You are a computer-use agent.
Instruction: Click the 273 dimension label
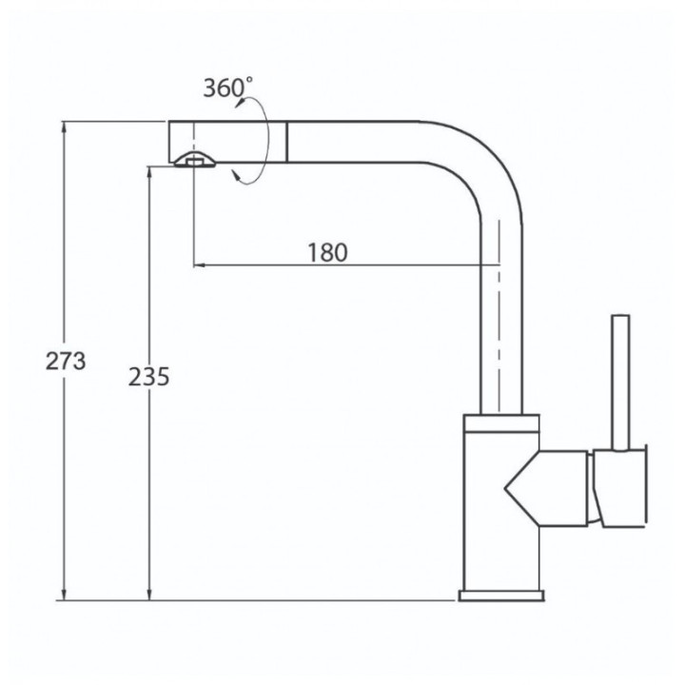click(66, 362)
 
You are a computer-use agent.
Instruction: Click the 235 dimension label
click(148, 377)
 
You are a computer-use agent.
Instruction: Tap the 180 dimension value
click(327, 252)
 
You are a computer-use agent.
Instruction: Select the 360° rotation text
click(227, 88)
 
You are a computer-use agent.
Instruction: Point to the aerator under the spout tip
click(194, 160)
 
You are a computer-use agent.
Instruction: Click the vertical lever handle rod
click(620, 382)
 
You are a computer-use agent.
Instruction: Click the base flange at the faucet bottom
click(501, 596)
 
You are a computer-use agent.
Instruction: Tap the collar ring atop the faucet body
click(501, 423)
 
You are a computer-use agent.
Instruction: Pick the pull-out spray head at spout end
click(227, 142)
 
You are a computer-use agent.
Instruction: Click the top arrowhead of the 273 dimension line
click(65, 127)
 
